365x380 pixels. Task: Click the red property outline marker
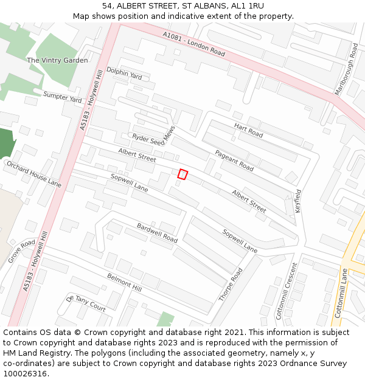click(182, 174)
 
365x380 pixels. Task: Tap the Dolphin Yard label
click(124, 74)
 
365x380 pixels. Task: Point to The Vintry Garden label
click(57, 60)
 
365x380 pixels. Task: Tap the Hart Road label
click(248, 130)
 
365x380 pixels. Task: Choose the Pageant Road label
click(234, 161)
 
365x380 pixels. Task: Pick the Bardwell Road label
click(157, 233)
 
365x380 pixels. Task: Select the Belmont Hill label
click(124, 282)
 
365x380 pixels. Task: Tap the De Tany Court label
click(86, 303)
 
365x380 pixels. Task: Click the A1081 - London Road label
click(193, 44)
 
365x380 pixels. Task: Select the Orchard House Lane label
click(33, 174)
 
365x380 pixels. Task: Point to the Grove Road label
click(22, 250)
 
